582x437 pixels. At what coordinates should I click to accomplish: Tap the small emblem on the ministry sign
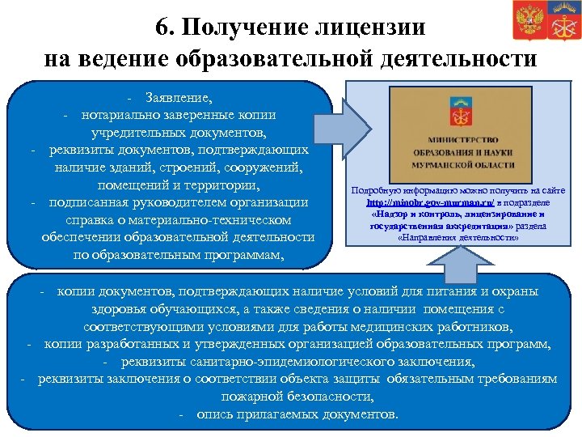[457, 113]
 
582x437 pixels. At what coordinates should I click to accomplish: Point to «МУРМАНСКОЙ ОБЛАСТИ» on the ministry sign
[457, 163]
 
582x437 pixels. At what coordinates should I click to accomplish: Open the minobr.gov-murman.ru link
[419, 202]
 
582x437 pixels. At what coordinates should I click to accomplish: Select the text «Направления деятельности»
[458, 238]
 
